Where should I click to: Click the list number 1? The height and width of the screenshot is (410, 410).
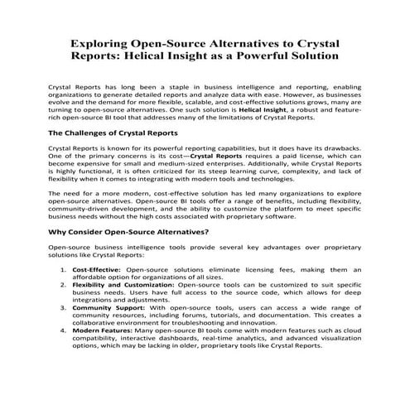(65, 270)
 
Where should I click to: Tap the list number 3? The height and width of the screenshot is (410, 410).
(65, 306)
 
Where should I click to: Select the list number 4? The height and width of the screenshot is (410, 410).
(65, 330)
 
